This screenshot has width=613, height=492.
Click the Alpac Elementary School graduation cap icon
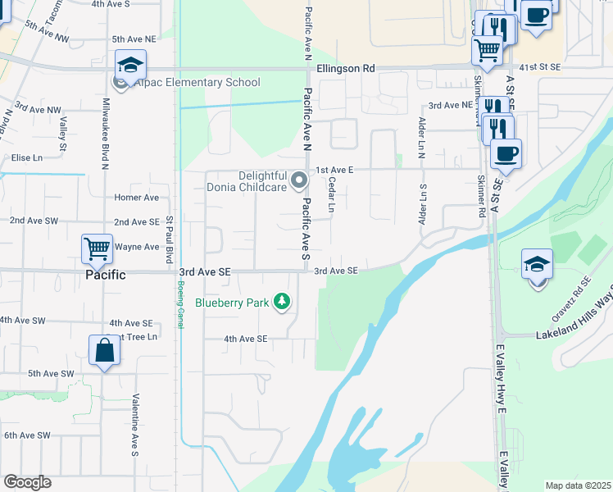coord(130,65)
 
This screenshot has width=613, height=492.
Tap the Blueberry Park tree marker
coord(282,303)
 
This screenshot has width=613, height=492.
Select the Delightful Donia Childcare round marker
coord(299,180)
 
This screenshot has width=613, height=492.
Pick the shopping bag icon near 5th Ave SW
coord(105,350)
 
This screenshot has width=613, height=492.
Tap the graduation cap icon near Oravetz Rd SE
coord(537,264)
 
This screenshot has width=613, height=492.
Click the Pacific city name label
coord(106,275)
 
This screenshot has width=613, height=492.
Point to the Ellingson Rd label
coord(345,69)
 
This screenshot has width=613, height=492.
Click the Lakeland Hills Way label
coord(574,333)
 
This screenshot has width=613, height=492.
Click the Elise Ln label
coord(26,157)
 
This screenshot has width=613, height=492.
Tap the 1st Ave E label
coord(334,169)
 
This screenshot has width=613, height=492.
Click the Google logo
coord(27,482)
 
